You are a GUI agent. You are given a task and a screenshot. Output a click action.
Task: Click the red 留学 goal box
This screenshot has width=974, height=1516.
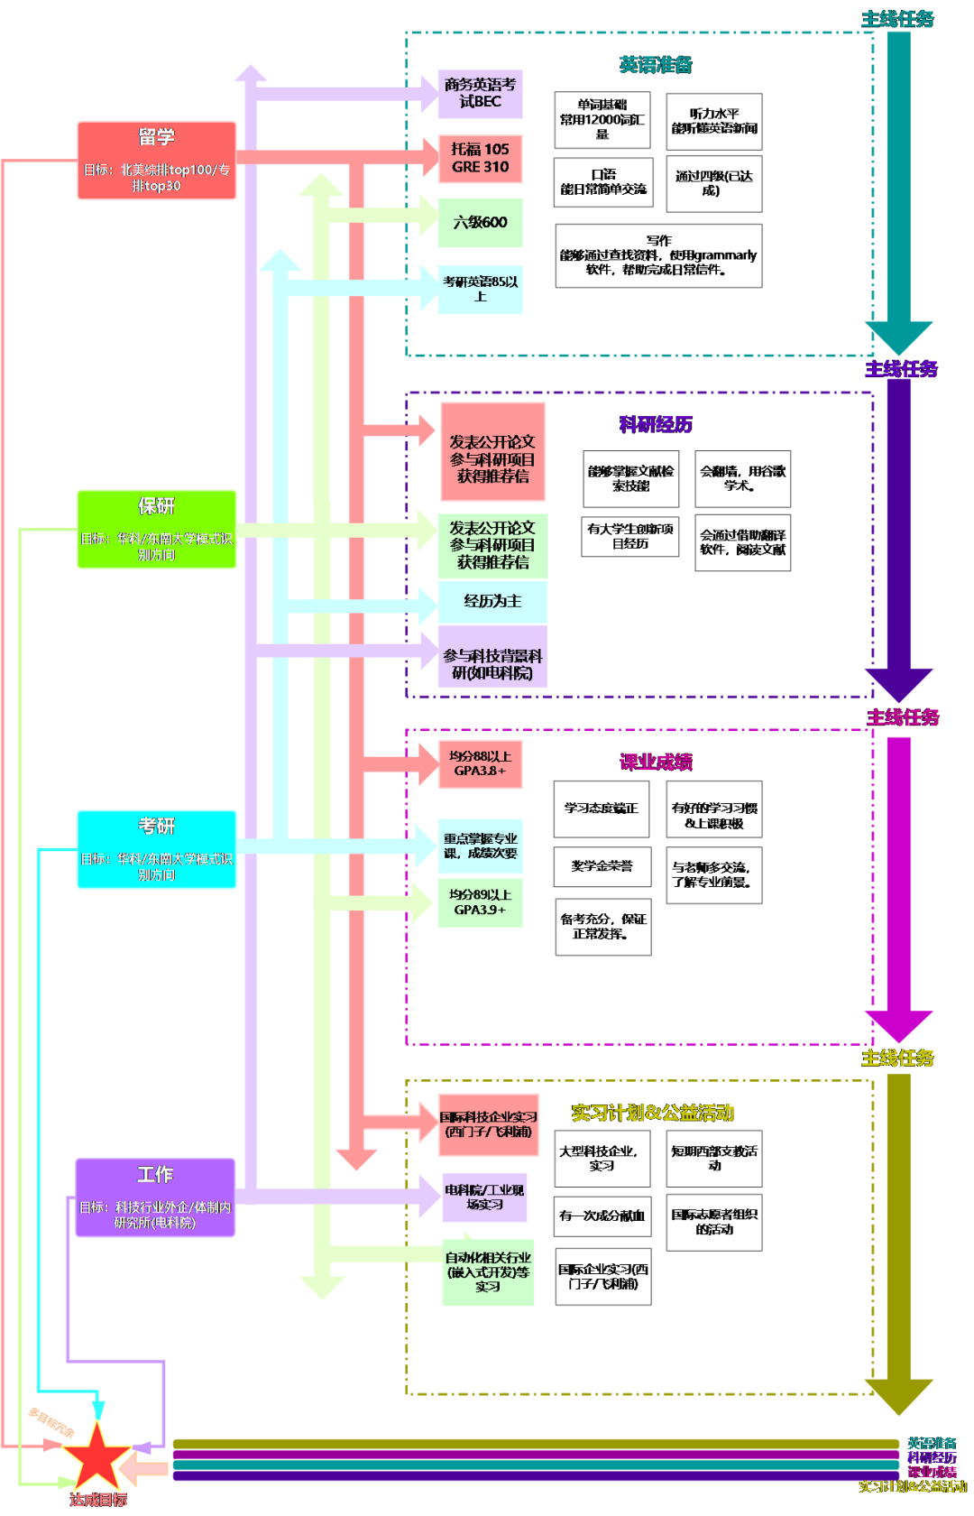pyautogui.click(x=157, y=161)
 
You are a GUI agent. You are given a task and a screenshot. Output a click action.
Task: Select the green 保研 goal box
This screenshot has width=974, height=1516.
pyautogui.click(x=157, y=529)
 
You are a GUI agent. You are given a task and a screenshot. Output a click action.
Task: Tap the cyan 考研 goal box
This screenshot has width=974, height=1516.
pyautogui.click(x=157, y=849)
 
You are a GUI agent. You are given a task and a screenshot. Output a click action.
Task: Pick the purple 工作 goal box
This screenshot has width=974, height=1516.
pyautogui.click(x=155, y=1197)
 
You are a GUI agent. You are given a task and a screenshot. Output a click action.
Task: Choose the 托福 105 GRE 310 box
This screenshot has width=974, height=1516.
pyautogui.click(x=480, y=158)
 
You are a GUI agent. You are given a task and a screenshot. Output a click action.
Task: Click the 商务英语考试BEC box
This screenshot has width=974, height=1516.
pyautogui.click(x=480, y=94)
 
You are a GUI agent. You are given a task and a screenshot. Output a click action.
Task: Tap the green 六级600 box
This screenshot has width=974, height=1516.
pyautogui.click(x=480, y=222)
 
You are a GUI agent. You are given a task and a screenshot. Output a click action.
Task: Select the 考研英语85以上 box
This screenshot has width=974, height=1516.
pyautogui.click(x=480, y=289)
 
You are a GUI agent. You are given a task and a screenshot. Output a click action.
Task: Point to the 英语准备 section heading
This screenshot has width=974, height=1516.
pyautogui.click(x=656, y=65)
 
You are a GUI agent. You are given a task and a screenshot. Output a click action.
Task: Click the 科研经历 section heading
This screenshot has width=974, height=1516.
pyautogui.click(x=656, y=424)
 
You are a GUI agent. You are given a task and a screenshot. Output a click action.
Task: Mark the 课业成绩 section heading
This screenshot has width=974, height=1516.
pyautogui.click(x=656, y=762)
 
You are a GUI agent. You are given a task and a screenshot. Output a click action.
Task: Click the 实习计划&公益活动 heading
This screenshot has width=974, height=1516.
pyautogui.click(x=652, y=1113)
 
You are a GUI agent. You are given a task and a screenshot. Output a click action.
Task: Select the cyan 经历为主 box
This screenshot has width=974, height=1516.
pyautogui.click(x=492, y=601)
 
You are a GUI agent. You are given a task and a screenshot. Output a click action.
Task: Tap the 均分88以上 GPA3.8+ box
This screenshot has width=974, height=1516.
pyautogui.click(x=480, y=763)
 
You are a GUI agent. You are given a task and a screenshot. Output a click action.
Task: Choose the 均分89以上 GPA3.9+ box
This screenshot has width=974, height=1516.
pyautogui.click(x=480, y=902)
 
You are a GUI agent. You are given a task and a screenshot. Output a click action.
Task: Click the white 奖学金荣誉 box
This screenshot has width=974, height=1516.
pyautogui.click(x=602, y=866)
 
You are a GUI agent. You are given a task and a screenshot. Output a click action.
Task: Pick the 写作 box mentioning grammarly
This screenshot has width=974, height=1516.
pyautogui.click(x=658, y=255)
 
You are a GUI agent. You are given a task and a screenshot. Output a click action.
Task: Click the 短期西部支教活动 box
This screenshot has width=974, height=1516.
pyautogui.click(x=714, y=1159)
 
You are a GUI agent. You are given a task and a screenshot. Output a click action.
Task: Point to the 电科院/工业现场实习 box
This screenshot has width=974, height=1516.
pyautogui.click(x=484, y=1197)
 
